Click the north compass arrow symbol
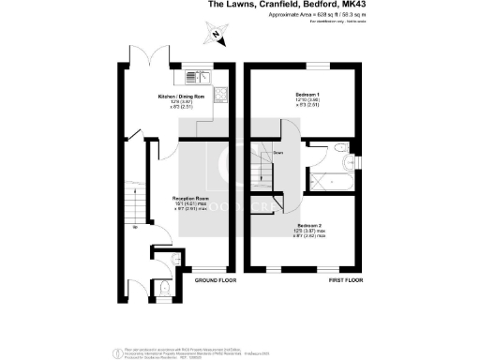click(216, 36)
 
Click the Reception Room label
click(189, 200)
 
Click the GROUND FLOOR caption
click(215, 281)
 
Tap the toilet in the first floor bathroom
click(343, 148)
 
